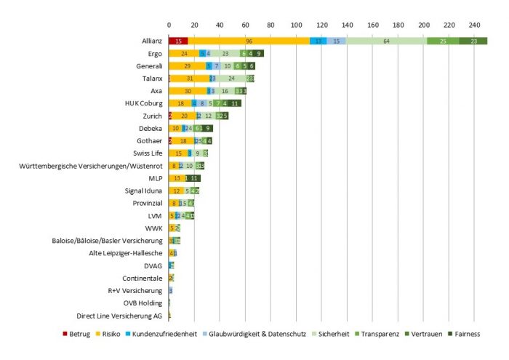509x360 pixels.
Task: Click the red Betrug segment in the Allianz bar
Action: pyautogui.click(x=178, y=41)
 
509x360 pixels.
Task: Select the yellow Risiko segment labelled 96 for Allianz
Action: pyautogui.click(x=249, y=41)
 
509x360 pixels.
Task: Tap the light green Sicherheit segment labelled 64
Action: pyautogui.click(x=386, y=41)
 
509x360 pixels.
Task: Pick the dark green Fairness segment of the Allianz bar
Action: pyautogui.click(x=473, y=41)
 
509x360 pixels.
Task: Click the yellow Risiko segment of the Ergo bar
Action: pyautogui.click(x=184, y=54)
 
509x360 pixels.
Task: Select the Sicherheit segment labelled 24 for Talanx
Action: pyautogui.click(x=231, y=79)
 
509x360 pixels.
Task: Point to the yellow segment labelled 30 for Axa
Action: pyautogui.click(x=188, y=91)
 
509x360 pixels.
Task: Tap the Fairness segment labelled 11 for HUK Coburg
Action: pyautogui.click(x=234, y=103)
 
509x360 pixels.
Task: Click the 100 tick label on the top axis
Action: pyautogui.click(x=296, y=25)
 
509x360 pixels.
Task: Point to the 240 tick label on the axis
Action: pyautogui.click(x=474, y=25)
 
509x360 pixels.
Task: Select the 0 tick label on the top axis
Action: pyautogui.click(x=169, y=25)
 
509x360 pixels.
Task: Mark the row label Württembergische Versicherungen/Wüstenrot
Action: pyautogui.click(x=91, y=166)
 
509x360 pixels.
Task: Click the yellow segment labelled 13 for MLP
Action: pyautogui.click(x=176, y=178)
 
